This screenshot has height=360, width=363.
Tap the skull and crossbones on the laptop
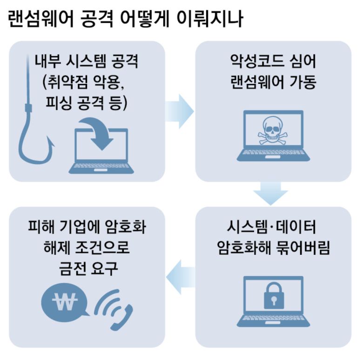(271, 132)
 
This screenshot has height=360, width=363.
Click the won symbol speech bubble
(61, 304)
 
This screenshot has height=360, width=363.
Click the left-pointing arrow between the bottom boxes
(181, 278)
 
